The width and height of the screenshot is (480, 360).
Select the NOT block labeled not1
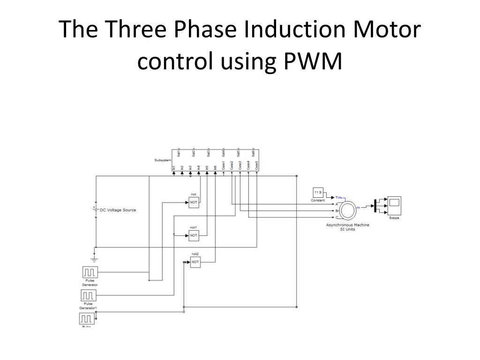tap(194, 236)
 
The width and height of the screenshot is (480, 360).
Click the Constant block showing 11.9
tap(318, 193)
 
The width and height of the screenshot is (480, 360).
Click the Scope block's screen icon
tap(394, 203)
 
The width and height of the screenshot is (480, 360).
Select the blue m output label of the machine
tap(359, 207)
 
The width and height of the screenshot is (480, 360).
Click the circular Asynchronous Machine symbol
tap(348, 211)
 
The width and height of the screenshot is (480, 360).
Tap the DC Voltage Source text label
tap(118, 210)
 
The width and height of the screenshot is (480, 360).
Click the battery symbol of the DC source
tap(96, 209)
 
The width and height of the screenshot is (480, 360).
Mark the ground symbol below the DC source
tap(95, 258)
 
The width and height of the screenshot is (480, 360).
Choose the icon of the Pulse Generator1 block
tap(89, 295)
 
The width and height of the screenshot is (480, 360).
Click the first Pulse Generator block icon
tap(89, 272)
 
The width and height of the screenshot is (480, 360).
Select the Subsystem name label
tap(162, 160)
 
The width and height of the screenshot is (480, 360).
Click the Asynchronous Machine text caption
tap(348, 225)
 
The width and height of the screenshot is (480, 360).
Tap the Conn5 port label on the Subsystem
tap(256, 166)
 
